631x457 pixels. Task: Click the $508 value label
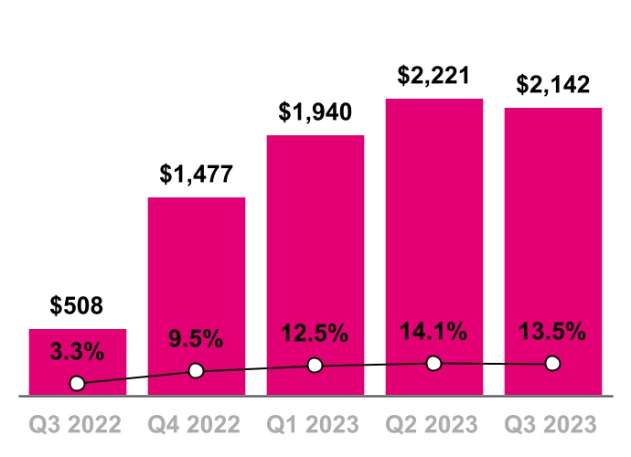pyautogui.click(x=78, y=305)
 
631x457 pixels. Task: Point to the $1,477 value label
pyautogui.click(x=197, y=174)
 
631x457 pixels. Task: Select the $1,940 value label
pyautogui.click(x=315, y=112)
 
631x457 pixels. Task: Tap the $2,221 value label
pyautogui.click(x=434, y=75)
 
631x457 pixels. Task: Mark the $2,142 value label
pyautogui.click(x=553, y=85)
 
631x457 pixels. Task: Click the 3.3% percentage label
pyautogui.click(x=78, y=350)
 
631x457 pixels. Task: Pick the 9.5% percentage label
pyautogui.click(x=197, y=339)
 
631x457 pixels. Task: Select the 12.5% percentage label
pyautogui.click(x=315, y=334)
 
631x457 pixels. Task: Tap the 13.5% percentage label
pyautogui.click(x=553, y=332)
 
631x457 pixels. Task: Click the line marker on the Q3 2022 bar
pyautogui.click(x=78, y=383)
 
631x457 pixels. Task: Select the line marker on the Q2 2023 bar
pyautogui.click(x=434, y=364)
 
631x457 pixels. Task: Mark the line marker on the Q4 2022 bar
pyautogui.click(x=196, y=371)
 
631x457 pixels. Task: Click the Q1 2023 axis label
pyautogui.click(x=315, y=425)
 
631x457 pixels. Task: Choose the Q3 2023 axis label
pyautogui.click(x=553, y=425)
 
